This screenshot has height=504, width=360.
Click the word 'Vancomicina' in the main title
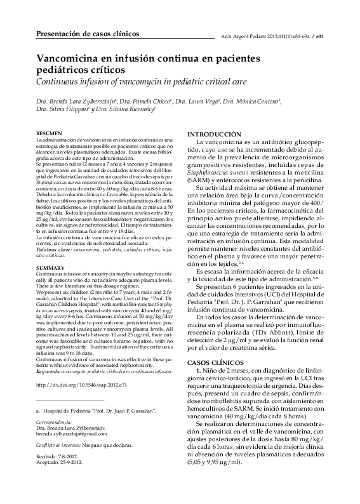point(70,58)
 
